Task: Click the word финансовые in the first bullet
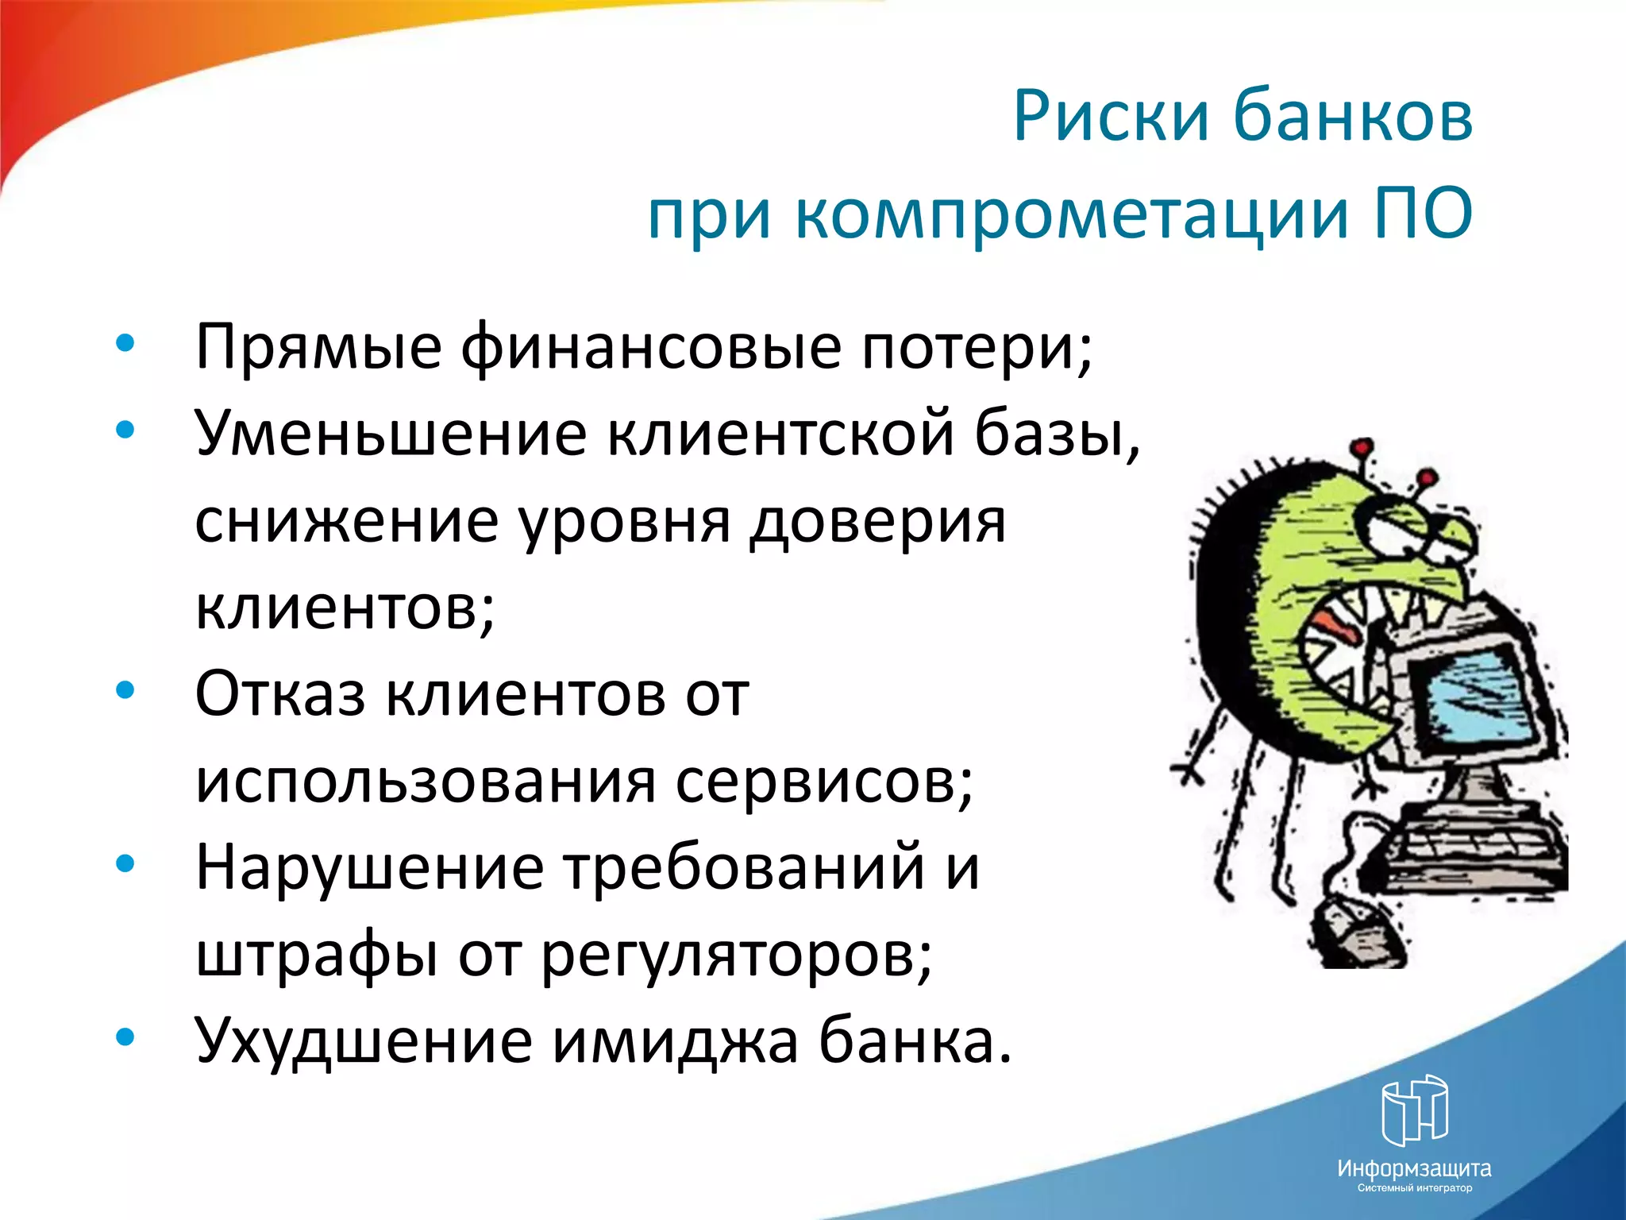tap(651, 348)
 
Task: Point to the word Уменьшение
tap(391, 434)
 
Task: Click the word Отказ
tap(280, 694)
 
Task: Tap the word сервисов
tap(824, 782)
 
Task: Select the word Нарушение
tap(370, 867)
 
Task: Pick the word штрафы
tap(317, 955)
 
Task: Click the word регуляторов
tap(737, 955)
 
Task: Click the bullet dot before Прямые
tap(125, 344)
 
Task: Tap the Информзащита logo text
tap(1414, 1168)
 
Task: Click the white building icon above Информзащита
tap(1414, 1109)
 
